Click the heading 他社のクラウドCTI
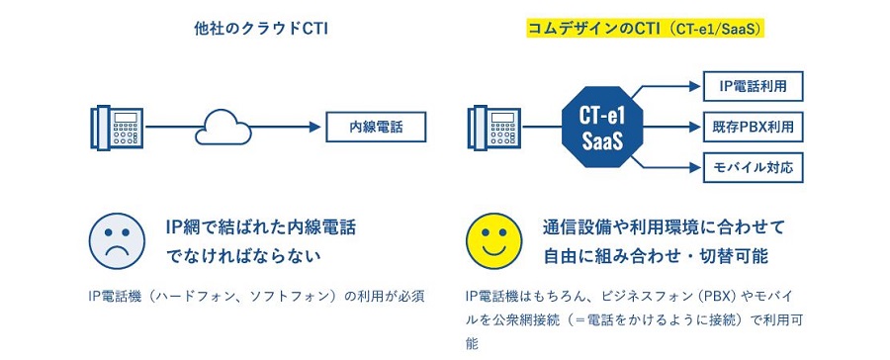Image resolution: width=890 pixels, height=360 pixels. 261,30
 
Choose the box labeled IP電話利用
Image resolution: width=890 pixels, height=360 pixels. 754,87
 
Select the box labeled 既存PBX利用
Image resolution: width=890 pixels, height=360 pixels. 754,128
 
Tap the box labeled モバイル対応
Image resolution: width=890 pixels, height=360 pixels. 754,166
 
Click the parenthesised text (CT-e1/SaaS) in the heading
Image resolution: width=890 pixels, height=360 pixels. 720,30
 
